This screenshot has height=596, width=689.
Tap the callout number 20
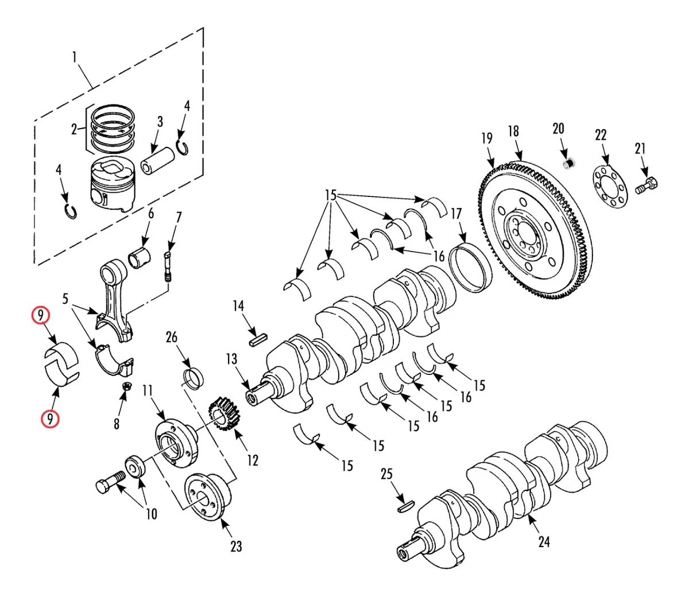point(558,129)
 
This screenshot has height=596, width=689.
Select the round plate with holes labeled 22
point(610,187)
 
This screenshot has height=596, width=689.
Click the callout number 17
point(456,214)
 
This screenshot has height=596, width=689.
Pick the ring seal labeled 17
point(470,268)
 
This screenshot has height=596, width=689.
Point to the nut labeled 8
point(127,386)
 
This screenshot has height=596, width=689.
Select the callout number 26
point(172,338)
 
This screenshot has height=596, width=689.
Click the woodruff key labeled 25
point(406,507)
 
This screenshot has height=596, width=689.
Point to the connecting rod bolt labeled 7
point(167,268)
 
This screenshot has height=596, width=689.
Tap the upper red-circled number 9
point(41,316)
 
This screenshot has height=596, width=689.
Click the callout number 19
point(487,138)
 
